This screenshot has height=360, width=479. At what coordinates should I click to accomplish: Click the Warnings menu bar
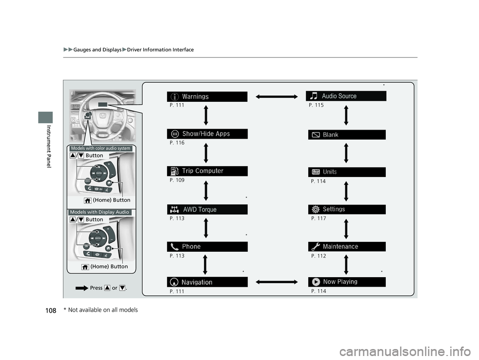[x=207, y=97]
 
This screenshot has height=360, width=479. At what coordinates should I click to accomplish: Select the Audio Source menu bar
[x=346, y=96]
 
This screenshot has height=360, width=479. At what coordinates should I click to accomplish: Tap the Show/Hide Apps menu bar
[x=207, y=134]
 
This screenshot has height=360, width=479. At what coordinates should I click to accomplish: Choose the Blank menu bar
[x=347, y=135]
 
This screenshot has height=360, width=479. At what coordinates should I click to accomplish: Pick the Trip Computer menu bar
[x=207, y=171]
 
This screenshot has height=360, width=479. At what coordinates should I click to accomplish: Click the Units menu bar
[x=347, y=172]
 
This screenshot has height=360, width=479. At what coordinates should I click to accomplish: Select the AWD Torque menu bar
[x=207, y=209]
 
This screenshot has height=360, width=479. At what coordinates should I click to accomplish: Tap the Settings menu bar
[x=347, y=209]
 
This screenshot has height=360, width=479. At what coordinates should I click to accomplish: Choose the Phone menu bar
[x=207, y=247]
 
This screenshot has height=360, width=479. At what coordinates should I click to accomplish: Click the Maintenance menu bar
[x=347, y=246]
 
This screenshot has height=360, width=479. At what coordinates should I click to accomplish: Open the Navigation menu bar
[x=207, y=282]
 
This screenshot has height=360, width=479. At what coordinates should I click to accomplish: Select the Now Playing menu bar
[x=347, y=282]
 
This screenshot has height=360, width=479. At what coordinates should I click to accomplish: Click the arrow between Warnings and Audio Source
[x=277, y=97]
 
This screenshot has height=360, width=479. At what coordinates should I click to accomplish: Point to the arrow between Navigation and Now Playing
[x=277, y=282]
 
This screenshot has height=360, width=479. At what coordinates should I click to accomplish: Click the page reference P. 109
[x=177, y=180]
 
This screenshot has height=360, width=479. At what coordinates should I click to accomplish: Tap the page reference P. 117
[x=319, y=218]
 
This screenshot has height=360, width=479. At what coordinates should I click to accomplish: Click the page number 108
[x=51, y=311]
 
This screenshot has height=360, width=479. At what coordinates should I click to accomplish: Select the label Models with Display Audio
[x=100, y=212]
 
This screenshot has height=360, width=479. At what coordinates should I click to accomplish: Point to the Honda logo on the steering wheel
[x=103, y=116]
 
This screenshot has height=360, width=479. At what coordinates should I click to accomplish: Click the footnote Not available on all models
[x=103, y=310]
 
